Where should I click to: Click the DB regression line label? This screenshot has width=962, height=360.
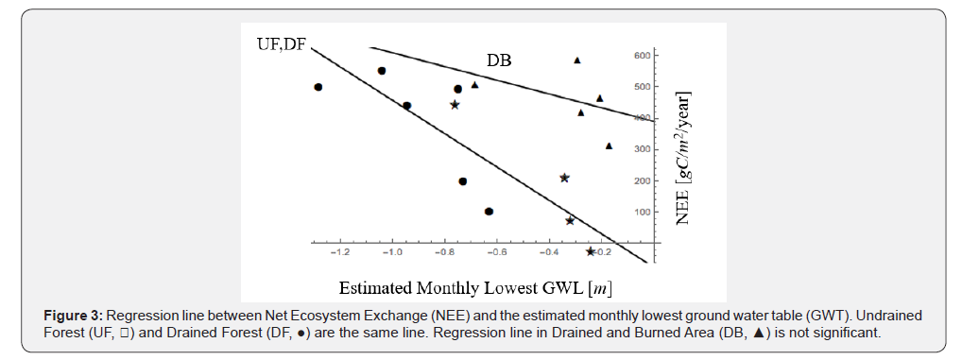[499, 60]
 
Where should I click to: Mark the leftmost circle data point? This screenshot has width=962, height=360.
[318, 87]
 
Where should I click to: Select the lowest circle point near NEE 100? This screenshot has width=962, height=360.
[489, 212]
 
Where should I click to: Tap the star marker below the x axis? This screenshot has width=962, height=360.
[591, 251]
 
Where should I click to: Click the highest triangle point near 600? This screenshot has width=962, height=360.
[577, 60]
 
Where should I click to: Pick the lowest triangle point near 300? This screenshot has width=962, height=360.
[609, 146]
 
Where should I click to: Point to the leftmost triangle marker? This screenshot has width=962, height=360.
[475, 85]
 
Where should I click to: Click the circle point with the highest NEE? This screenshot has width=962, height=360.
[382, 71]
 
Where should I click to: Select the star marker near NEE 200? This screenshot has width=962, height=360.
[564, 178]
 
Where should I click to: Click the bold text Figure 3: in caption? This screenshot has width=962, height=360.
[75, 315]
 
